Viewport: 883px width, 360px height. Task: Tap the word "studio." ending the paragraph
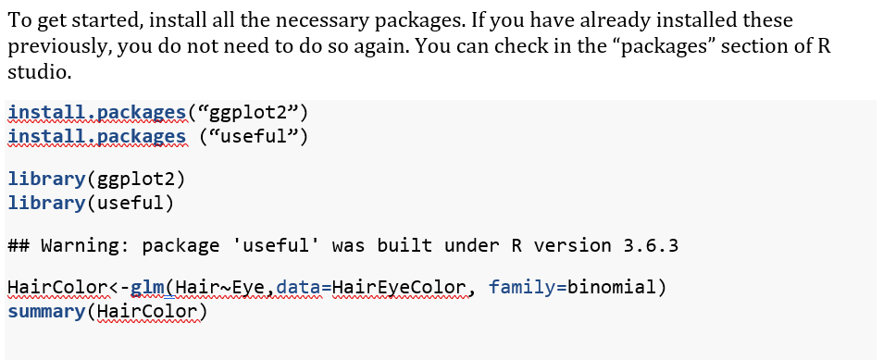click(37, 71)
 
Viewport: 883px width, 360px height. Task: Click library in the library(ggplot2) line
click(44, 178)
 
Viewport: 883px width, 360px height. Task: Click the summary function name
click(44, 311)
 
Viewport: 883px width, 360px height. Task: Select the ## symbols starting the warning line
click(18, 246)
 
